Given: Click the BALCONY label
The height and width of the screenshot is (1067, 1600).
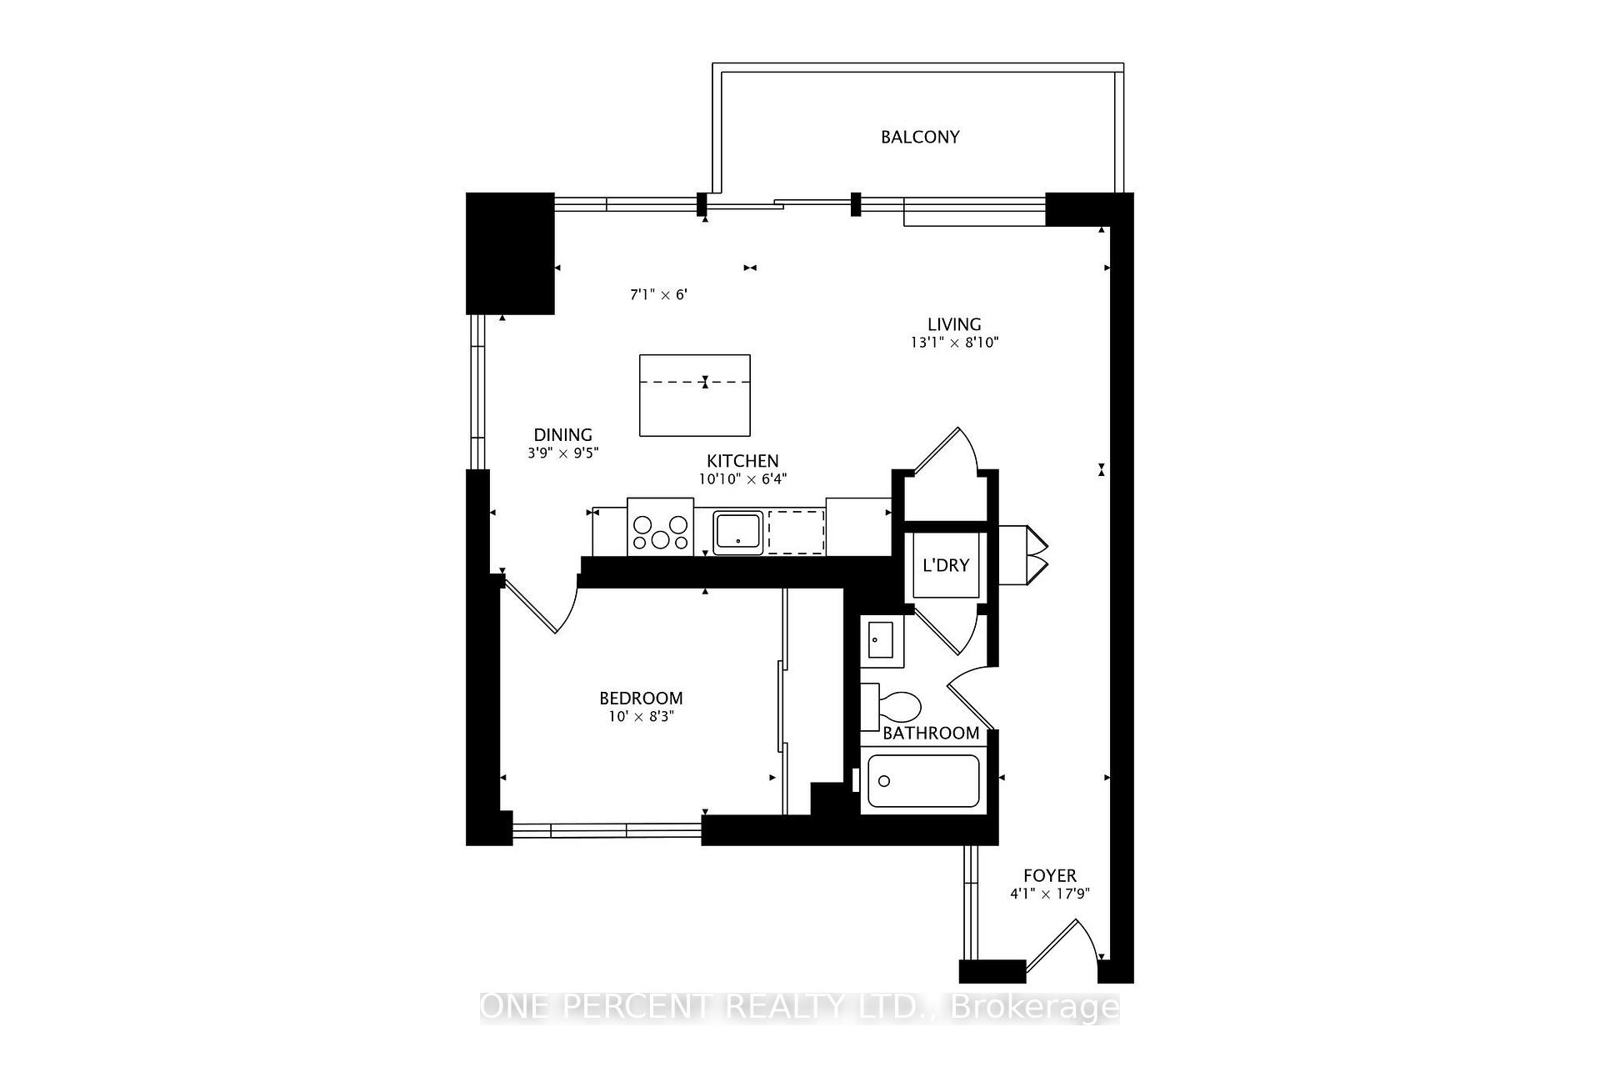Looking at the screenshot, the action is point(920,137).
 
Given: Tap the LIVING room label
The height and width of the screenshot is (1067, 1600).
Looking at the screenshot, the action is point(954,324).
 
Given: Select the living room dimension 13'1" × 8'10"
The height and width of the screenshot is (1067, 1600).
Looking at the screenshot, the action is point(954,343).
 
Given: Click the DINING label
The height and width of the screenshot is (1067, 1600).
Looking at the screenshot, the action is point(563,435).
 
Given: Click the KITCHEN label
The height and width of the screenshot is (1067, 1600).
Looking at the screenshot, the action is point(742,461).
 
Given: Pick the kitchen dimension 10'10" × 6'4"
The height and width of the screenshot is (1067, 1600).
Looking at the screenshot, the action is point(742,479).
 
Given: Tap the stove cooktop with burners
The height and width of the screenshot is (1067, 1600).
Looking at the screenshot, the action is point(660,527).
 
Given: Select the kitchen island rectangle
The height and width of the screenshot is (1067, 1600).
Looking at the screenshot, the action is point(695,395).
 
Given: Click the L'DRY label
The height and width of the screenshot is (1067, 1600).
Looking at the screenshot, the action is point(946,565).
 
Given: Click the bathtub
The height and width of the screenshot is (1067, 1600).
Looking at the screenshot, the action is point(923,781).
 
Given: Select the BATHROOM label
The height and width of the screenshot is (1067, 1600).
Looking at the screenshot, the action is point(931,734).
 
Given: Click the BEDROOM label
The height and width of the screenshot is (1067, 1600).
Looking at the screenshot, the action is point(641,699).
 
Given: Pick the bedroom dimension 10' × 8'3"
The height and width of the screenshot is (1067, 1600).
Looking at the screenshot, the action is point(641,717).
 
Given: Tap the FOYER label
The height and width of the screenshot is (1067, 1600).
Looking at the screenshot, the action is point(1050,876).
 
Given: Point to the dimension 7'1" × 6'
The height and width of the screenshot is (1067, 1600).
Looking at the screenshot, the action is point(658,295).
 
